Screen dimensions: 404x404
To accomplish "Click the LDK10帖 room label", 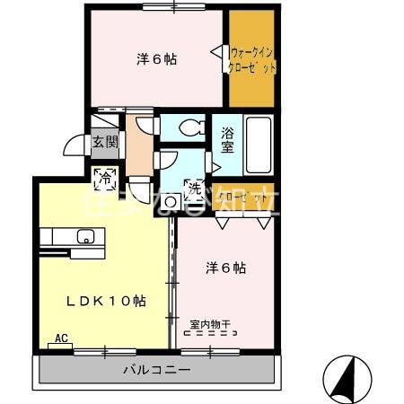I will click(106, 301).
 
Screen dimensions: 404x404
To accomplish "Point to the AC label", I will click(61, 338).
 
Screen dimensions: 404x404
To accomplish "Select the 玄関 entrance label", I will click(104, 141).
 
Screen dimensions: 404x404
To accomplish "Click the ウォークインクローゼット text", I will click(252, 59).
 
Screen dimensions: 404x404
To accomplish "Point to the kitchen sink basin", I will click(86, 237).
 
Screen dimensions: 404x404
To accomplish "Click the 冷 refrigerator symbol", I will click(105, 179).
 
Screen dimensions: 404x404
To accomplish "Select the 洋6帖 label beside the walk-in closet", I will click(156, 59).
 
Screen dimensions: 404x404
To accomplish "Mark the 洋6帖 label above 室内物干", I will click(225, 268).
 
